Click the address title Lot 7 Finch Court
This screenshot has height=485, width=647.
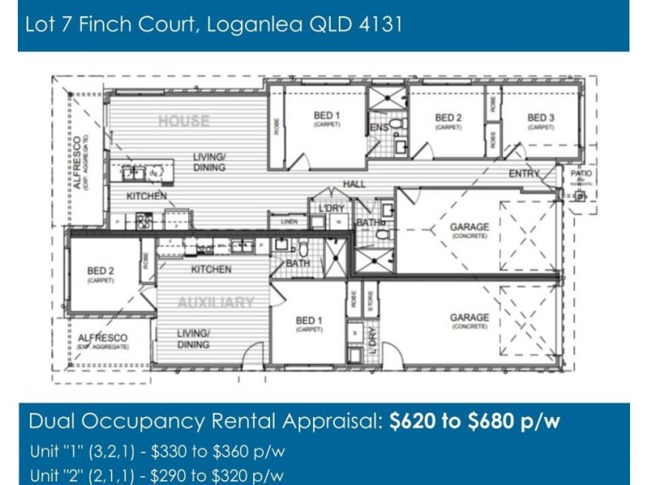point(214,24)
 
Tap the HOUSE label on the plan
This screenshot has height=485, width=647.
point(184,121)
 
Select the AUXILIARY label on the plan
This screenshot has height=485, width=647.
point(216,302)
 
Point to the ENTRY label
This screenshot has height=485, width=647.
point(524,174)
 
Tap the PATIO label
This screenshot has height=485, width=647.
point(581,174)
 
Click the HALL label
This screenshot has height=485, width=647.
point(354,184)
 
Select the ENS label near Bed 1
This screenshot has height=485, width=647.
point(378,128)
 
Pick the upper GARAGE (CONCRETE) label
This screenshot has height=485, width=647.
point(469,231)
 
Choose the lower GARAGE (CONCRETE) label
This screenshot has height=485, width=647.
point(469,322)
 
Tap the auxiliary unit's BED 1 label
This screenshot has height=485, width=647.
point(309,324)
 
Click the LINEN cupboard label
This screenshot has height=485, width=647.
point(289,221)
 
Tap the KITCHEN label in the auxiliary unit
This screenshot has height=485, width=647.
point(211,269)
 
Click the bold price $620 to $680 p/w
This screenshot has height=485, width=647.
point(475,421)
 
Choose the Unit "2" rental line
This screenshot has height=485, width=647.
point(158,475)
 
